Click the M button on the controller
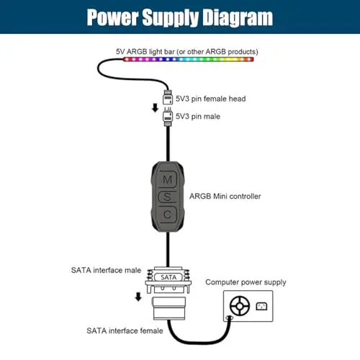pyautogui.click(x=168, y=179)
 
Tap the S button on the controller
pyautogui.click(x=168, y=197)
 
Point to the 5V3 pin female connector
pyautogui.click(x=168, y=97)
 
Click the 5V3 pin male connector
pyautogui.click(x=168, y=117)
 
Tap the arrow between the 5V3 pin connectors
pyautogui.click(x=156, y=108)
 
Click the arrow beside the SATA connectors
pyautogui.click(x=138, y=297)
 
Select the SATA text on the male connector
pyautogui.click(x=168, y=277)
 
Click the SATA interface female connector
pyautogui.click(x=169, y=308)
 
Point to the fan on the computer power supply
pyautogui.click(x=240, y=306)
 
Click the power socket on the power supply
pyautogui.click(x=261, y=306)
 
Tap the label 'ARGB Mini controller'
pyautogui.click(x=225, y=197)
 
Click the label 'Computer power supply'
pyautogui.click(x=246, y=282)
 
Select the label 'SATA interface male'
pyautogui.click(x=106, y=270)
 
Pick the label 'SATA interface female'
pyautogui.click(x=125, y=330)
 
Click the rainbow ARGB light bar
pyautogui.click(x=189, y=59)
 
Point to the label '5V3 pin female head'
pyautogui.click(x=210, y=99)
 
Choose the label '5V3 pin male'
pyautogui.click(x=198, y=117)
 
